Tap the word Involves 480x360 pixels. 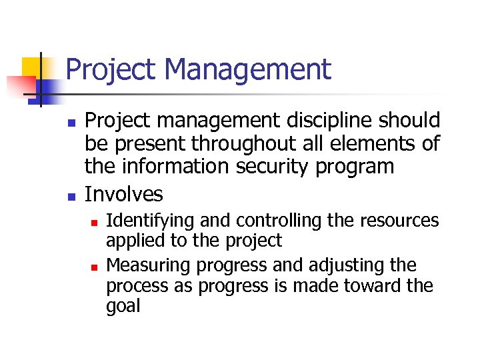click(x=124, y=195)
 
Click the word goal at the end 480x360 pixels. click(x=123, y=307)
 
